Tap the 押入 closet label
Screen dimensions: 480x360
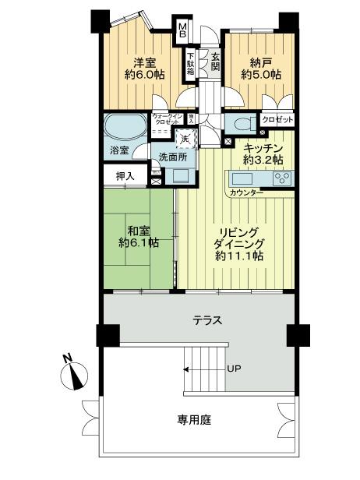pos(125,176)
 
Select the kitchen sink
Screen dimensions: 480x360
pos(242,178)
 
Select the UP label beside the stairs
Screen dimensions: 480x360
pos(233,369)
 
